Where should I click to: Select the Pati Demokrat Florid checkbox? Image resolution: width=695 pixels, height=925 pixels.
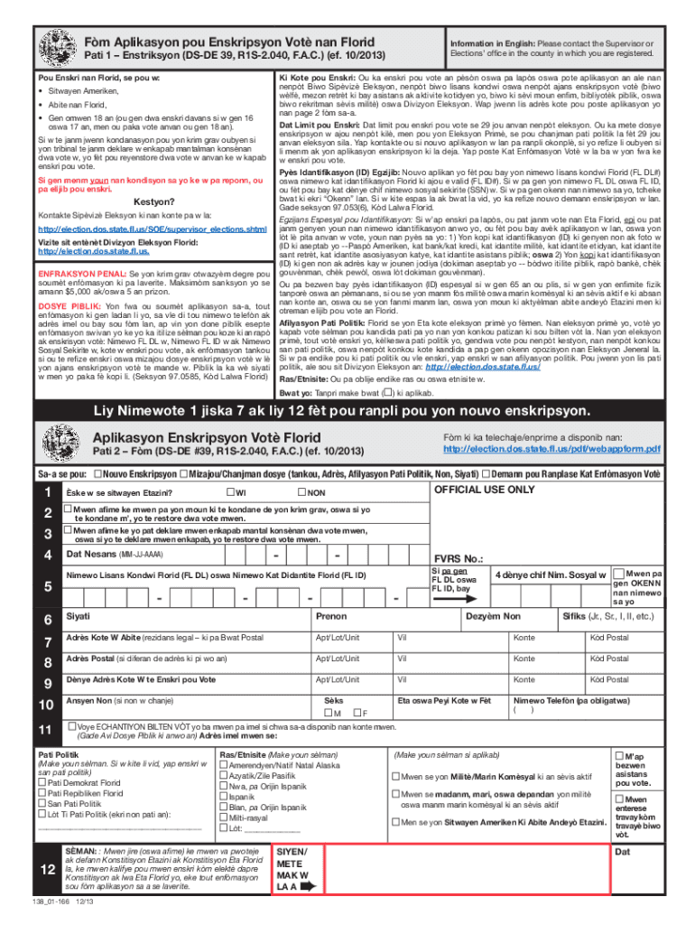(x=42, y=782)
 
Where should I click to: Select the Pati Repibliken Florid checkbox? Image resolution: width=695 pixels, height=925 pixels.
(x=42, y=793)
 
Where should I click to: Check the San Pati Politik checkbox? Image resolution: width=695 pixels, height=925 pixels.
(x=42, y=804)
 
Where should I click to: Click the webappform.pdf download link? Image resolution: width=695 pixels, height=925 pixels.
(x=551, y=449)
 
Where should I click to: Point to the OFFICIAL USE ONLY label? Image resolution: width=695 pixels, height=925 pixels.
(x=484, y=490)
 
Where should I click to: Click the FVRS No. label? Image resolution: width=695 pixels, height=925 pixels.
(x=459, y=558)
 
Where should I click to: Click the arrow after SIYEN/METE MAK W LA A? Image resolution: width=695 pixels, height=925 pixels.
(x=308, y=887)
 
